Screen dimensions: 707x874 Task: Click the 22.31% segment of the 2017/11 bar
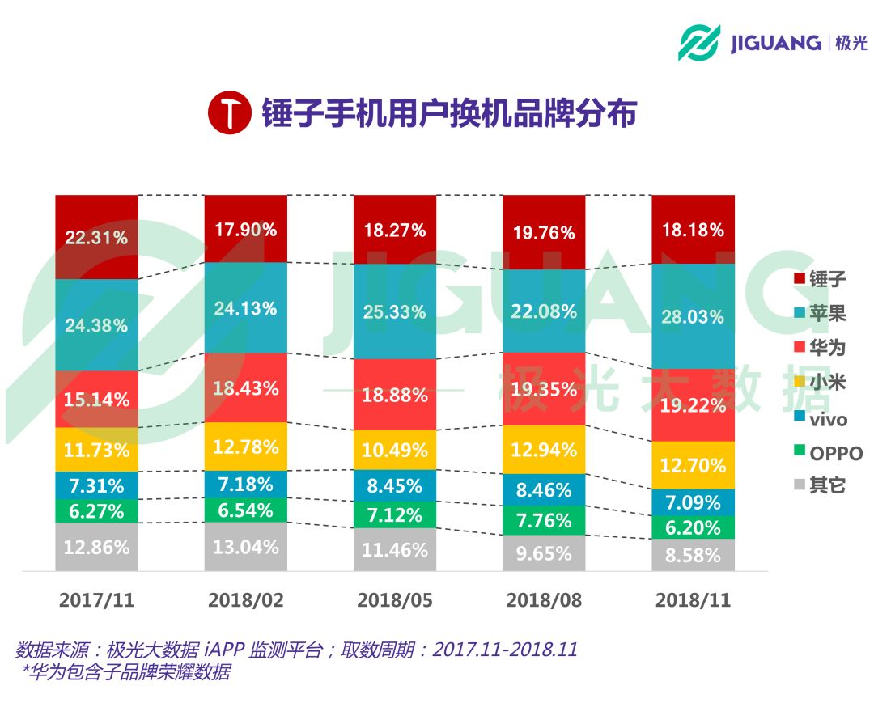coord(96,237)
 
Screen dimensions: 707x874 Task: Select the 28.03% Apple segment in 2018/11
coord(693,316)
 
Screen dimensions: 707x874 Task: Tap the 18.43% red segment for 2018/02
coord(245,387)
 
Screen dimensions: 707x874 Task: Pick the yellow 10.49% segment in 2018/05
coord(394,450)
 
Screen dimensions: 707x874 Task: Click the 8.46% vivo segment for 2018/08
coord(543,490)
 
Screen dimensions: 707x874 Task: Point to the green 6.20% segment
coord(693,527)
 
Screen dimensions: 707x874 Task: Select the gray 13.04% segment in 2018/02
coord(245,547)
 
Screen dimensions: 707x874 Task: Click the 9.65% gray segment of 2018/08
coord(543,553)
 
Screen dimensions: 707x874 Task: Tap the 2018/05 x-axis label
coord(394,600)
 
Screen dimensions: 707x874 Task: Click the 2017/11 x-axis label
coord(96,600)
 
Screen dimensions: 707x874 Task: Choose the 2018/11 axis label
coord(693,600)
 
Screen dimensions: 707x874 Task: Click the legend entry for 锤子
coord(817,280)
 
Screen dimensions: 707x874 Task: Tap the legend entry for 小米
coord(817,383)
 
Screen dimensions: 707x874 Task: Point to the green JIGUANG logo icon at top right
coord(699,43)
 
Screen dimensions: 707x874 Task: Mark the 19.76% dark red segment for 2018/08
coord(543,232)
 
